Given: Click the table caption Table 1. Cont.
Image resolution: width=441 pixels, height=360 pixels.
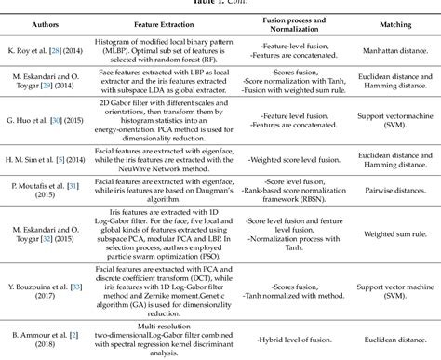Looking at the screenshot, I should click(x=220, y=4).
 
